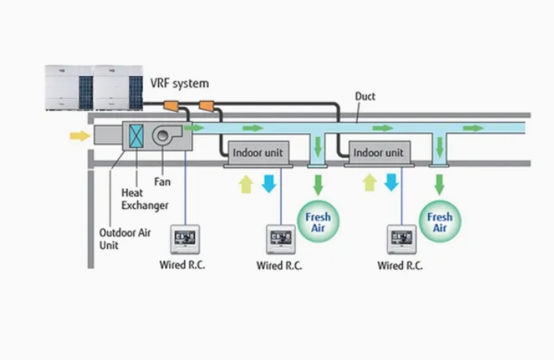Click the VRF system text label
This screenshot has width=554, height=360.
[179, 83]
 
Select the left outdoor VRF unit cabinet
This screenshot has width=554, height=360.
[68, 87]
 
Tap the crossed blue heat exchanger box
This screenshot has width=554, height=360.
[137, 136]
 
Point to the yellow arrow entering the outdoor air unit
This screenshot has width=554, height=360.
[80, 136]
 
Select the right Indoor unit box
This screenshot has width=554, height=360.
[378, 153]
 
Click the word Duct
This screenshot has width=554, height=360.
[365, 96]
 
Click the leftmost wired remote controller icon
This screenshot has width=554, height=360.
[185, 237]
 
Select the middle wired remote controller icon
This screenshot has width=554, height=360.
[281, 237]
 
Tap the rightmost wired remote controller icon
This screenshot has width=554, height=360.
[402, 237]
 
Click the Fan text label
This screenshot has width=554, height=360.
[162, 182]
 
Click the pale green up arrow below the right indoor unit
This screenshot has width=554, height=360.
[369, 184]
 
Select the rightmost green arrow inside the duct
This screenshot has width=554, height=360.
[473, 128]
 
